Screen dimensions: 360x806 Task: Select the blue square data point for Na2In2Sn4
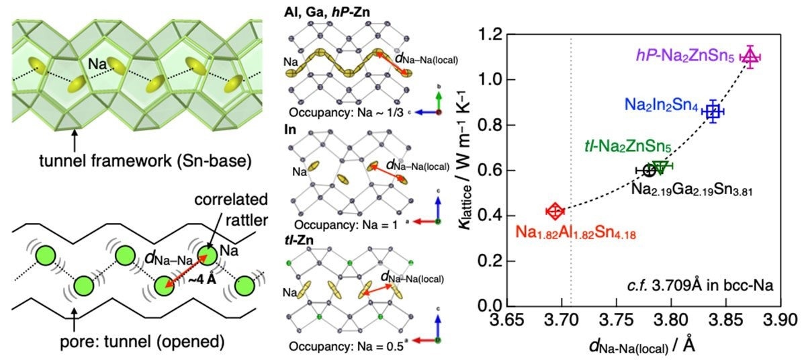(x=713, y=112)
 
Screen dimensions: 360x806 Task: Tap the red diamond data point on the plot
(x=555, y=212)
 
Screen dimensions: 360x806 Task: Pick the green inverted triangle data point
(x=660, y=167)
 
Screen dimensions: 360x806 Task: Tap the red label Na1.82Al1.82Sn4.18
(x=576, y=234)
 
